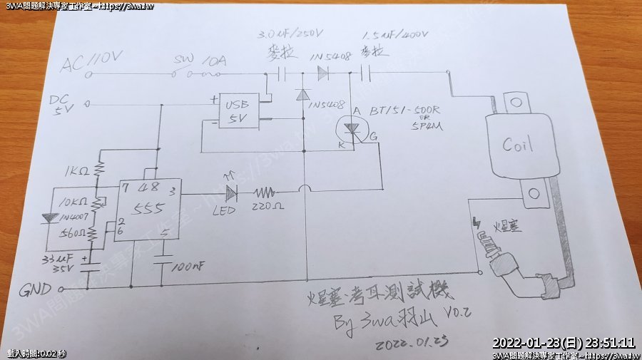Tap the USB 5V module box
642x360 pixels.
click(x=238, y=112)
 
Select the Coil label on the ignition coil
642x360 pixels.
click(x=517, y=145)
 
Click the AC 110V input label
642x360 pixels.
click(x=92, y=64)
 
